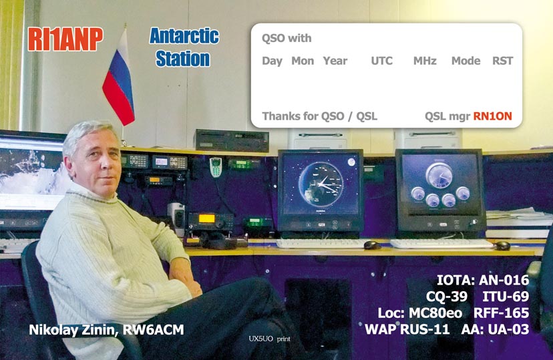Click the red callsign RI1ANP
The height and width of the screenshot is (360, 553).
[65, 39]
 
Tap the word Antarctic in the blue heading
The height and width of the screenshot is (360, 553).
[184, 36]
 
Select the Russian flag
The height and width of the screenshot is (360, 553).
[119, 78]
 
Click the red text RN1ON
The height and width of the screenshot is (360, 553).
[492, 116]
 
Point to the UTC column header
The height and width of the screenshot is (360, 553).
[381, 61]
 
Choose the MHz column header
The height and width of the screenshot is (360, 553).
[425, 61]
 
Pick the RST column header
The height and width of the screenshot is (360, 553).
[502, 61]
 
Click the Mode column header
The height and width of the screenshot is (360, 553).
[466, 61]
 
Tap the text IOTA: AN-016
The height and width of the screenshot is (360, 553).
[483, 280]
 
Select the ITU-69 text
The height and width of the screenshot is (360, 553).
[506, 296]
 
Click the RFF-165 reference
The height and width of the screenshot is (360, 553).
[501, 313]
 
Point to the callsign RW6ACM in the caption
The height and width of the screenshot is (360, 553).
[153, 330]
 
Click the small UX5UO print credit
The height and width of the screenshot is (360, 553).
[269, 339]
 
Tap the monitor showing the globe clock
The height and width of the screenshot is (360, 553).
[320, 191]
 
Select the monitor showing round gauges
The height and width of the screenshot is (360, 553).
[440, 191]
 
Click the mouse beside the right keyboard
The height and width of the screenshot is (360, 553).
[502, 245]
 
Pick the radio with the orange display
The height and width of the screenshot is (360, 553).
[210, 222]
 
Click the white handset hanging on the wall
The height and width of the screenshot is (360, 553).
[216, 167]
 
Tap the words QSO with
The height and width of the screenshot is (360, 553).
[287, 38]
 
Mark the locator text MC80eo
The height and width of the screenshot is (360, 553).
[435, 313]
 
